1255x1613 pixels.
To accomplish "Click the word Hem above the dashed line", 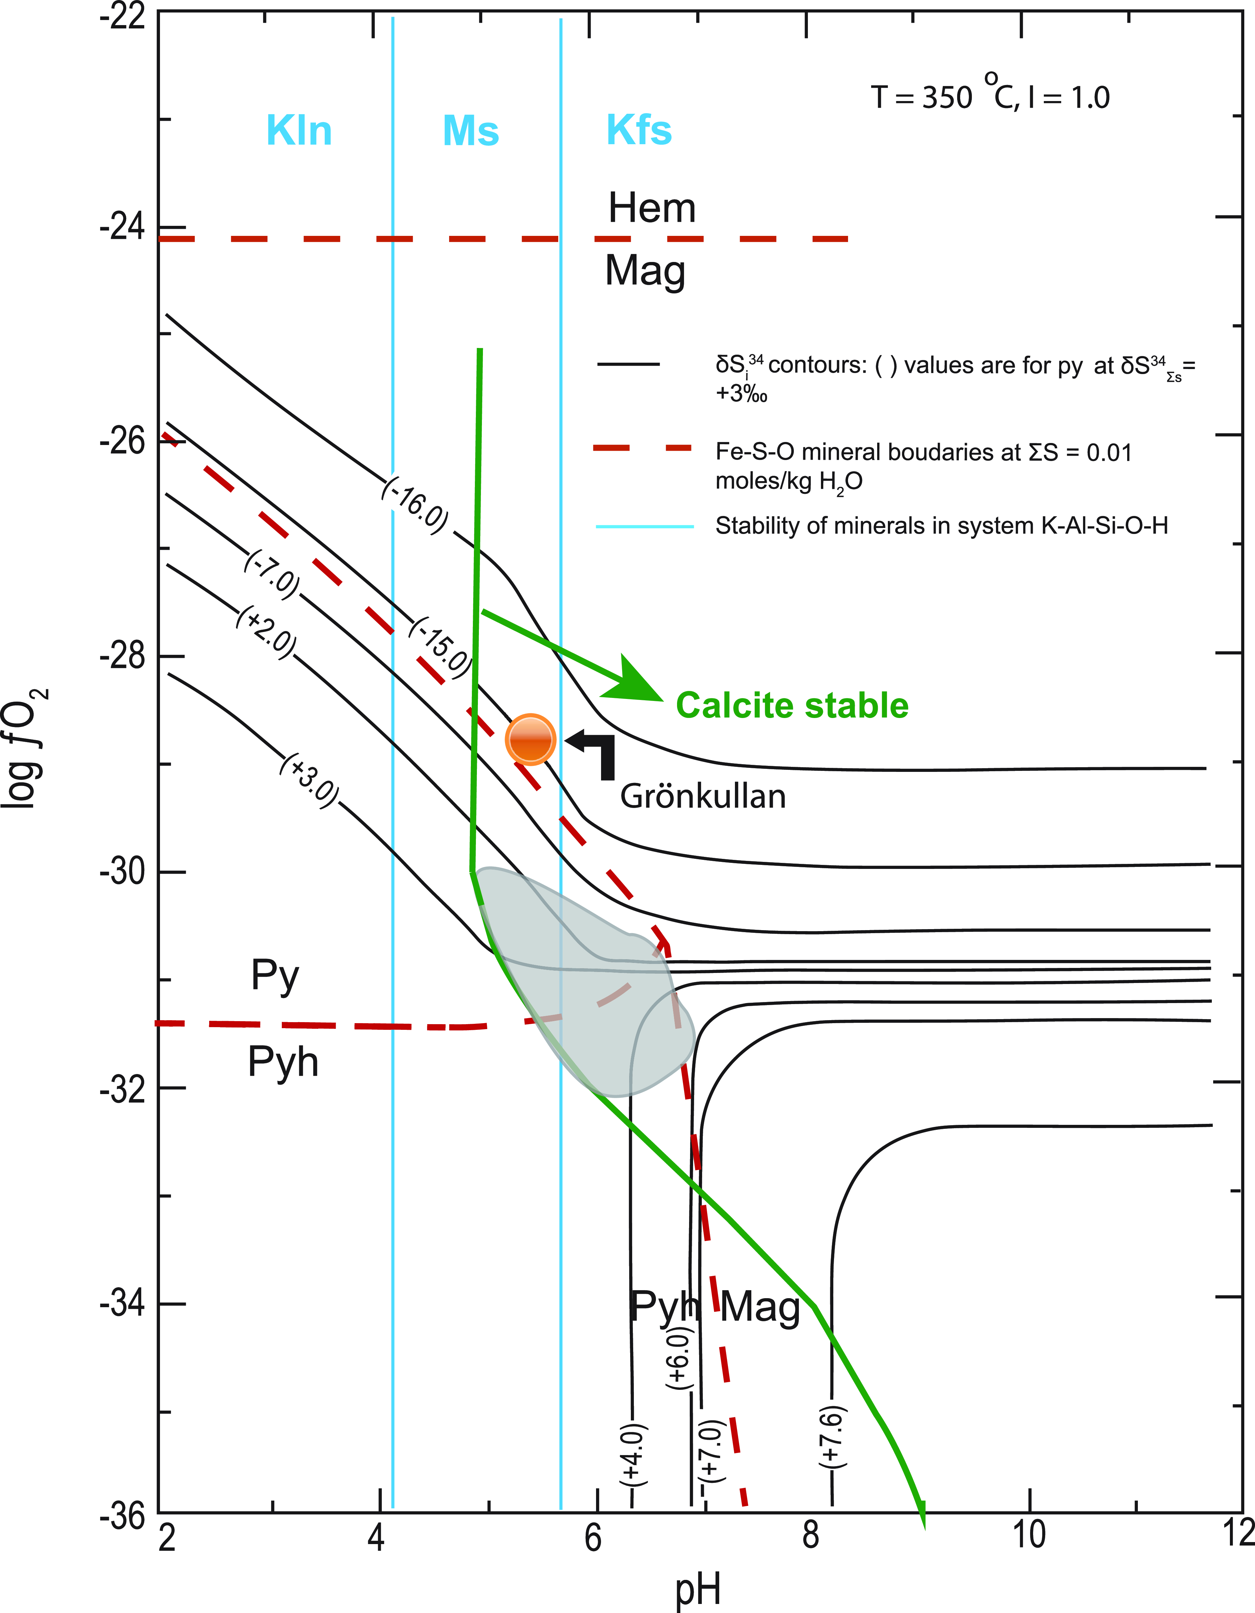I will click(x=652, y=208).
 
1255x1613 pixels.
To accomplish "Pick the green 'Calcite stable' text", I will click(x=792, y=705).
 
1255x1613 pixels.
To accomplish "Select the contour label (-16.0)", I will click(x=415, y=506).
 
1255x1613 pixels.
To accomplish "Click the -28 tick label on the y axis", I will click(x=122, y=656).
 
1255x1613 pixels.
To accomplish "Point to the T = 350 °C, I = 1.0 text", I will click(x=990, y=96).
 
